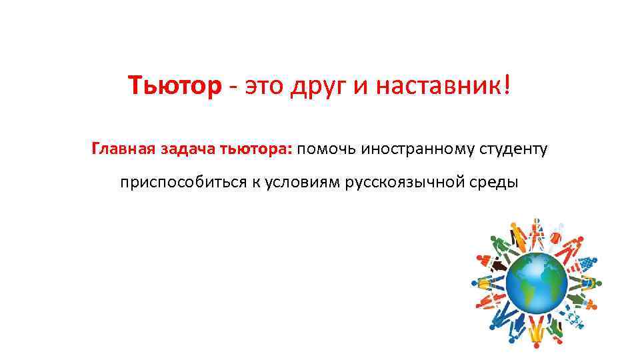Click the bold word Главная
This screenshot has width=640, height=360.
123,148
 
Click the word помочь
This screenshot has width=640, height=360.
327,148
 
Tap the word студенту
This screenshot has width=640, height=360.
513,148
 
